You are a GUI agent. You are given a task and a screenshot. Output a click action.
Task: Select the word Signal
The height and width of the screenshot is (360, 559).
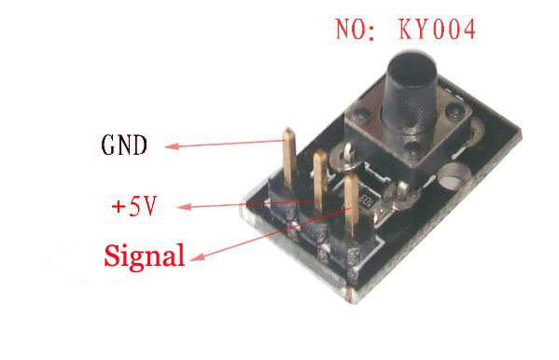point(145,256)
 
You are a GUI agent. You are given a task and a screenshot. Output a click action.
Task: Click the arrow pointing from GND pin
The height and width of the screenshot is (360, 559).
point(224,145)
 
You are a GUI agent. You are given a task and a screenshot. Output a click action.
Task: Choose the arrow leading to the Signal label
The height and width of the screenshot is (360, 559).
point(271,233)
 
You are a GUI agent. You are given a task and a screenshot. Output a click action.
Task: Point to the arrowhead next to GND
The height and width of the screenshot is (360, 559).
point(171,146)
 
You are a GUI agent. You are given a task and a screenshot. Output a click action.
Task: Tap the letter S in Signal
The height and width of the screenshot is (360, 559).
point(113,255)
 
